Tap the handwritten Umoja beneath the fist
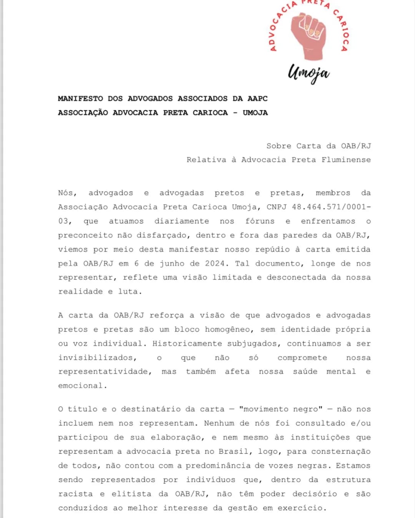pyautogui.click(x=309, y=73)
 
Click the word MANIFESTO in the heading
pyautogui.click(x=80, y=99)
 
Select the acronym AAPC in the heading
pyautogui.click(x=257, y=99)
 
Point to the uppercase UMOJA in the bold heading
pyautogui.click(x=255, y=113)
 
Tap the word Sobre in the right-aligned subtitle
pyautogui.click(x=279, y=146)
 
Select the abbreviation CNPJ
pyautogui.click(x=277, y=207)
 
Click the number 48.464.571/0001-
pyautogui.click(x=331, y=207)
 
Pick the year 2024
pyautogui.click(x=215, y=263)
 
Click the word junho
pyautogui.click(x=172, y=263)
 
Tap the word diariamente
pyautogui.click(x=181, y=221)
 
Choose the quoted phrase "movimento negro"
pyautogui.click(x=281, y=409)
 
